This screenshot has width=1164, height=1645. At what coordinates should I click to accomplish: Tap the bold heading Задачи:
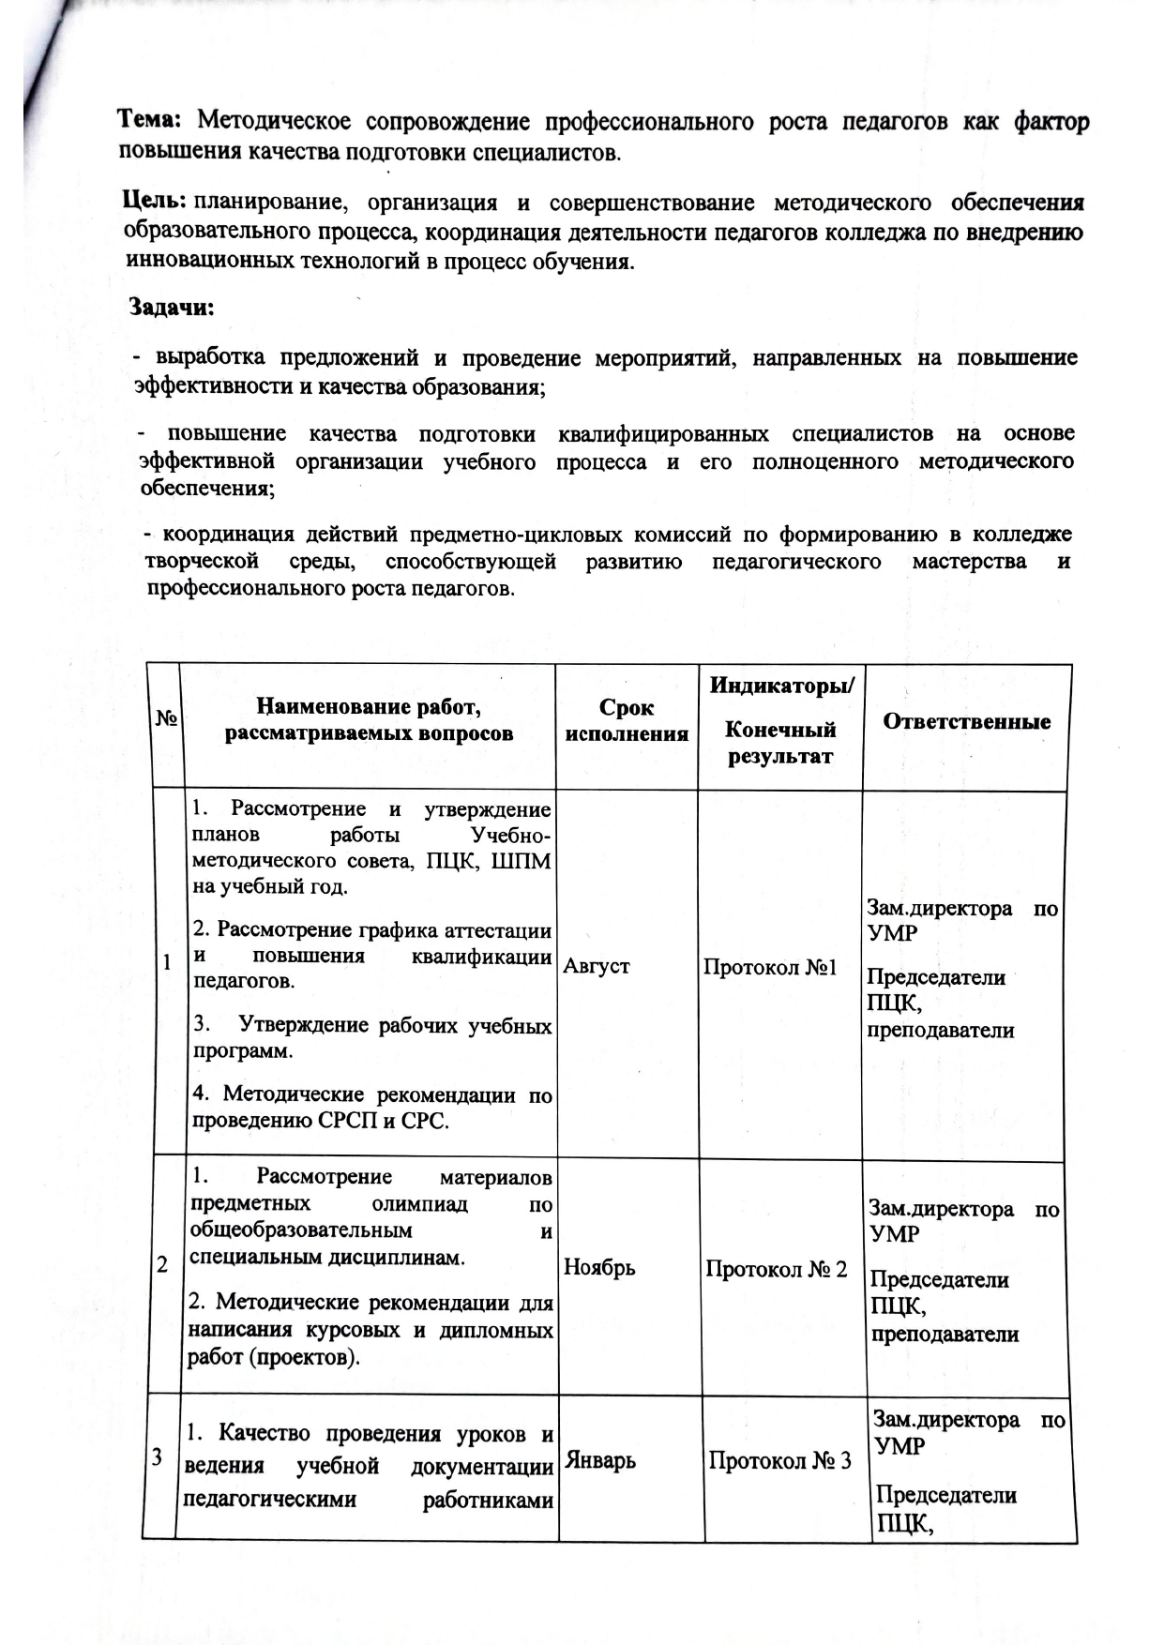(x=172, y=308)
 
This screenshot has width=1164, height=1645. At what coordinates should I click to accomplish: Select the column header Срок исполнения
(x=627, y=720)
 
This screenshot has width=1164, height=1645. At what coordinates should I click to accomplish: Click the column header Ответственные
(x=966, y=721)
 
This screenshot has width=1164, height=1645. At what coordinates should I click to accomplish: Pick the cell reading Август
(x=597, y=966)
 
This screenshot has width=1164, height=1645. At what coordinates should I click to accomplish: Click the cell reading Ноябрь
(x=599, y=1268)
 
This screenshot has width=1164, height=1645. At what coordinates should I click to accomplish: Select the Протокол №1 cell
(x=770, y=967)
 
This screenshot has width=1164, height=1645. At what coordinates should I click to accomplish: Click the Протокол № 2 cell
(x=777, y=1269)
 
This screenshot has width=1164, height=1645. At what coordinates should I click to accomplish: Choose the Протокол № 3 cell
(x=780, y=1460)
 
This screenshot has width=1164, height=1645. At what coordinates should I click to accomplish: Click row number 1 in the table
(x=167, y=963)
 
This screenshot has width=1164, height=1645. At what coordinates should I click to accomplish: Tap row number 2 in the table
(x=162, y=1264)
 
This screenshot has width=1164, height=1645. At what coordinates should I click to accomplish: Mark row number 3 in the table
(x=157, y=1456)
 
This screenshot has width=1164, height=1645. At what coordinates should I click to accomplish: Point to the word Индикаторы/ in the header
(x=782, y=686)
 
